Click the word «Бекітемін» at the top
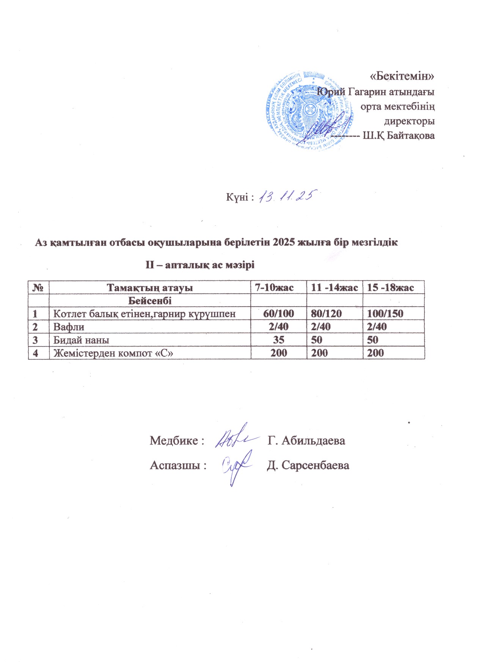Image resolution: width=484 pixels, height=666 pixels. tap(402, 76)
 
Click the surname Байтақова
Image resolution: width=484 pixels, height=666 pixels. tap(410, 135)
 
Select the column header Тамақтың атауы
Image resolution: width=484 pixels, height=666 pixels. tap(149, 288)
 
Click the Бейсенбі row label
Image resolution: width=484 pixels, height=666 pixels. tap(149, 301)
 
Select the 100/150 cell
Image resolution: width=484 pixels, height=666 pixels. tap(385, 314)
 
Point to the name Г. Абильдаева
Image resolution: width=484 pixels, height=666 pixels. tap(306, 441)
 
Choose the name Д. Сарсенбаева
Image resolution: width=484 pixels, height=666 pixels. tap(308, 465)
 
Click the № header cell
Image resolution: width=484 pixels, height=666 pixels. tap(39, 288)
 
